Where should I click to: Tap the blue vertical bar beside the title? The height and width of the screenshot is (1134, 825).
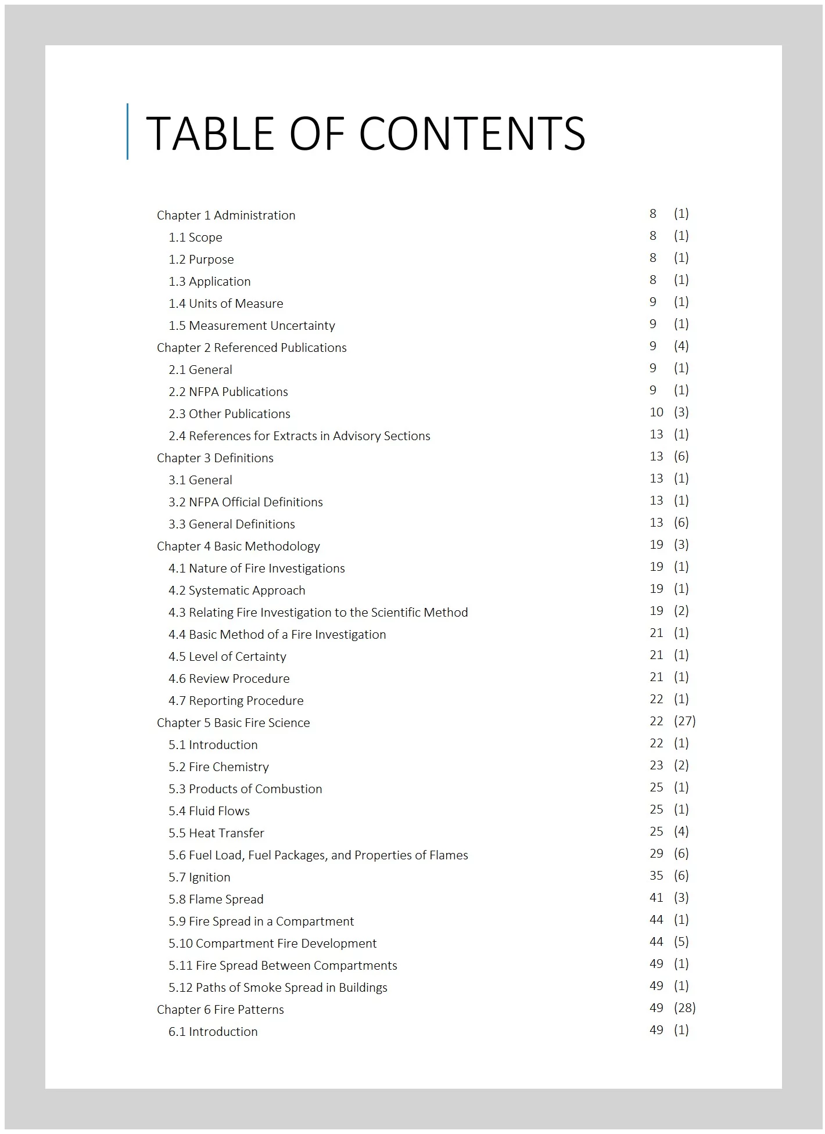(x=127, y=131)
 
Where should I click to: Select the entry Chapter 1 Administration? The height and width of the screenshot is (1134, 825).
(x=225, y=215)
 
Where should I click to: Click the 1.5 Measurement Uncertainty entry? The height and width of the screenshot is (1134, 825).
(x=252, y=326)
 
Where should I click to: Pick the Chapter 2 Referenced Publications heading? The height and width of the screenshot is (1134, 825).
(x=251, y=348)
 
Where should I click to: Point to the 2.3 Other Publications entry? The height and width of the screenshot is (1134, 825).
(x=229, y=414)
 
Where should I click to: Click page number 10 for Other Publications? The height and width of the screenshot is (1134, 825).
(x=656, y=412)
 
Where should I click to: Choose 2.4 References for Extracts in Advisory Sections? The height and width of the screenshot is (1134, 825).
(x=299, y=436)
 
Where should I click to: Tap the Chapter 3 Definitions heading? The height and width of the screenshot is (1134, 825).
(x=214, y=458)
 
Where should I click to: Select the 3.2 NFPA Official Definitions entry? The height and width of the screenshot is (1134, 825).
(x=245, y=502)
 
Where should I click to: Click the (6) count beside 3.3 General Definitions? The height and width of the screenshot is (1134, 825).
(x=681, y=523)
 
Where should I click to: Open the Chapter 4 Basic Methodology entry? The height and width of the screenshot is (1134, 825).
(x=238, y=546)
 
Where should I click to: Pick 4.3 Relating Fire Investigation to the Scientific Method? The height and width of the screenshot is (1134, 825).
(x=318, y=613)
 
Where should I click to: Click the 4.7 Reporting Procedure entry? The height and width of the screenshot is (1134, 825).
(x=236, y=701)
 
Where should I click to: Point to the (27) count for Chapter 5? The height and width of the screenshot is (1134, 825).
(x=684, y=721)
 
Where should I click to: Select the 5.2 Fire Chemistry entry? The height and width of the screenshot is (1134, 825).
(x=218, y=767)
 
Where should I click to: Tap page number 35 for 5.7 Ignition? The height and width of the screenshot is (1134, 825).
(x=656, y=876)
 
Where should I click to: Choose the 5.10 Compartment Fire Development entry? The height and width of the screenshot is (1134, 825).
(x=272, y=944)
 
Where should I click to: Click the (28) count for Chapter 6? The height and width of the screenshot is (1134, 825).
(x=684, y=1008)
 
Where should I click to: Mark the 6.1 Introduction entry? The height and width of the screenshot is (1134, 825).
(x=213, y=1032)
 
